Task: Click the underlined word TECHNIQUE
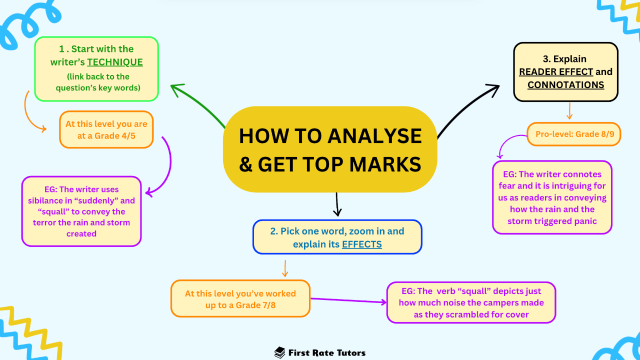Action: [115, 62]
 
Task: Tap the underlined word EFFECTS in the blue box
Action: [361, 244]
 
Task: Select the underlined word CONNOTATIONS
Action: [565, 85]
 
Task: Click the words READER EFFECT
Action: [556, 72]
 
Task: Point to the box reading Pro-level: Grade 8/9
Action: [574, 134]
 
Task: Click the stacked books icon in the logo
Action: [280, 352]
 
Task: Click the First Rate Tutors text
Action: [327, 352]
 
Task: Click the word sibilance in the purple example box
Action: [50, 200]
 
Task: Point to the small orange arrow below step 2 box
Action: [285, 268]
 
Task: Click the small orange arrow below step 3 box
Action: [569, 111]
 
